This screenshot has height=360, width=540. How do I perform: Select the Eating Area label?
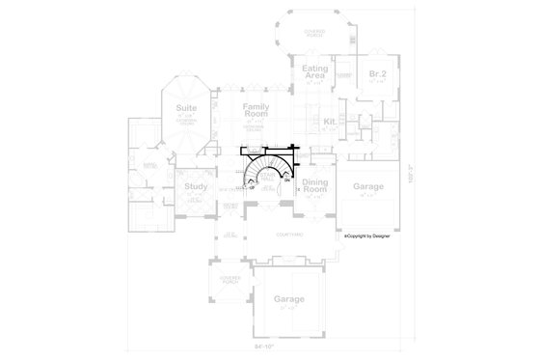click(314, 72)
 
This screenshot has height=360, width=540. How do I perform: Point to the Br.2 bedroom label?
click(375, 74)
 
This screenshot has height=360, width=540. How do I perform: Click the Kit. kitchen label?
click(329, 122)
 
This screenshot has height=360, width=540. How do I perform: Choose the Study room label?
click(195, 187)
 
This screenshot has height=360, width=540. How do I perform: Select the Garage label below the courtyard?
click(288, 299)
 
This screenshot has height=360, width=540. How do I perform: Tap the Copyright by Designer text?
click(371, 235)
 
